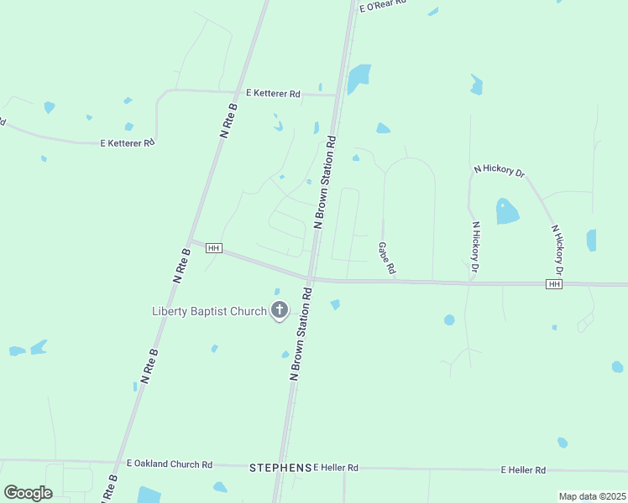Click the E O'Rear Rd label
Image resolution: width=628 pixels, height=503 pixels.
[x=383, y=6]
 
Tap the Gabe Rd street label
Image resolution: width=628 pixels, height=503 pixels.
[x=386, y=260]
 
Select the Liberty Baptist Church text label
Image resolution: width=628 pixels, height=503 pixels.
[x=209, y=312]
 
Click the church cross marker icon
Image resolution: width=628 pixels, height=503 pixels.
[x=280, y=311]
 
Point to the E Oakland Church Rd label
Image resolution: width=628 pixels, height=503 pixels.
[x=170, y=464]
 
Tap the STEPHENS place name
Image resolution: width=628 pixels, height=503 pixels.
[x=280, y=467]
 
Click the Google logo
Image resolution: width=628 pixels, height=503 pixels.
[x=28, y=493]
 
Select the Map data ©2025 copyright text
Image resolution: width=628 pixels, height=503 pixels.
[x=591, y=496]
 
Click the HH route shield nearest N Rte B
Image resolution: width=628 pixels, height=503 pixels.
[x=213, y=248]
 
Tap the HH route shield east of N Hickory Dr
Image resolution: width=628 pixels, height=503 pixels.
[x=553, y=285]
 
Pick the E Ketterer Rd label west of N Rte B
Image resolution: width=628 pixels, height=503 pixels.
[x=127, y=143]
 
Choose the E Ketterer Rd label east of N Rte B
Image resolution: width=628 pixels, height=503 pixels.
[x=273, y=94]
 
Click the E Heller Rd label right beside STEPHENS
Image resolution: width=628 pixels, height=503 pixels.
[x=336, y=467]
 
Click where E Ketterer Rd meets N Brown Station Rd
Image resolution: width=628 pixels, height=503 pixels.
[x=338, y=95]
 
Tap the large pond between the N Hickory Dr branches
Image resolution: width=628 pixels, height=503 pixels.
[x=507, y=211]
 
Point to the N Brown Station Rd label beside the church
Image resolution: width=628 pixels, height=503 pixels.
[x=301, y=334]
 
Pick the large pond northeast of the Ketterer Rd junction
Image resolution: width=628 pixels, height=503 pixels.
[x=359, y=77]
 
